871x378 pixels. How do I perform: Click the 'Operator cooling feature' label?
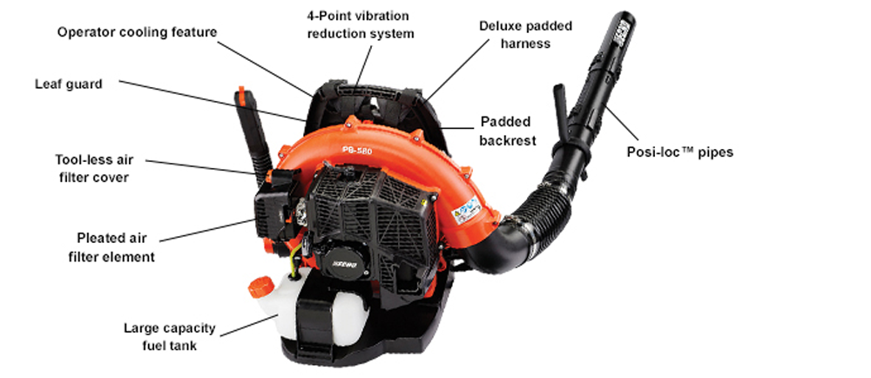(137, 32)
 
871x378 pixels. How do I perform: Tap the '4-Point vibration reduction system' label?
(359, 25)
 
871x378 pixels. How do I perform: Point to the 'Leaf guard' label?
(69, 84)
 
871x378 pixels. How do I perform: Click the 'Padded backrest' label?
(504, 131)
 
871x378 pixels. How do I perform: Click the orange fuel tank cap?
(260, 286)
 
